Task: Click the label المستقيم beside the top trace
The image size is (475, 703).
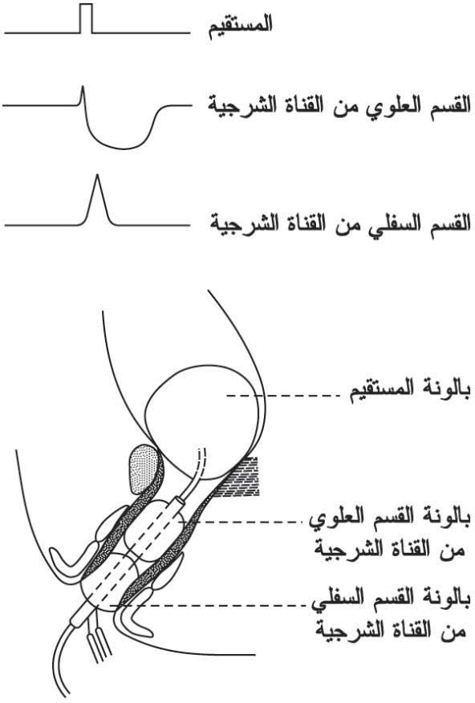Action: [241, 26]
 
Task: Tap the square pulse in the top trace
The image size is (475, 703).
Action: [86, 18]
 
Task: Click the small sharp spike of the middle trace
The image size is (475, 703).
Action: [83, 95]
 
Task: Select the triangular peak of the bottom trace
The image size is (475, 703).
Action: [96, 200]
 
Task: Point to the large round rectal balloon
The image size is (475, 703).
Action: [204, 421]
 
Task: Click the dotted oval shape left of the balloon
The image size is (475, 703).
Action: [144, 469]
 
